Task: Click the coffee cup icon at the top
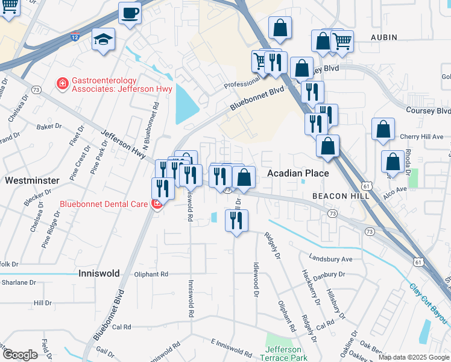[129, 13]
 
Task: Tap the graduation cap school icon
[103, 40]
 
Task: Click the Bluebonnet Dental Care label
[104, 204]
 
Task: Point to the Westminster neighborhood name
[31, 180]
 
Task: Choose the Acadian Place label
[298, 174]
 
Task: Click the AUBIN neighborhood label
[383, 37]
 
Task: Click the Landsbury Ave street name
[330, 259]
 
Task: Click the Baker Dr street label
[49, 127]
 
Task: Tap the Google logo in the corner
[20, 354]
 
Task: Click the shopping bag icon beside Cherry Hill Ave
[383, 130]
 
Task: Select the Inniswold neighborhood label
[99, 273]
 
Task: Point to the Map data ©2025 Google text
[414, 357]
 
